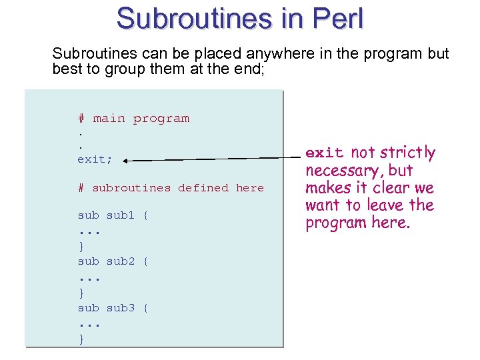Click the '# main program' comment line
[x=133, y=119]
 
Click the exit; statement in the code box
[x=95, y=159]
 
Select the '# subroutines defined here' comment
[x=171, y=188]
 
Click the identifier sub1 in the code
[x=121, y=215]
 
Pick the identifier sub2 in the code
[x=121, y=261]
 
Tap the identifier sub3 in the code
[x=121, y=308]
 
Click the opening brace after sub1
[x=146, y=215]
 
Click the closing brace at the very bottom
[x=81, y=340]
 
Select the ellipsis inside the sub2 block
[x=89, y=277]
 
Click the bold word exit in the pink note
[x=325, y=153]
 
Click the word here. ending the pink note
[x=391, y=223]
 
